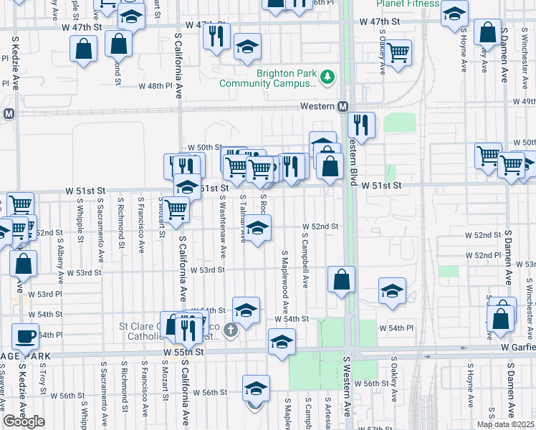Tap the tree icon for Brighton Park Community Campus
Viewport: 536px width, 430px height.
327,77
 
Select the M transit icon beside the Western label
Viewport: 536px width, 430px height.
343,106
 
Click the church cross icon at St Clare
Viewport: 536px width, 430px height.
230,330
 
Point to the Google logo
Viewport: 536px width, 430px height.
24,421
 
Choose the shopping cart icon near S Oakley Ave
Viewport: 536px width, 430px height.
398,52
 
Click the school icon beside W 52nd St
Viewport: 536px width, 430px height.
259,229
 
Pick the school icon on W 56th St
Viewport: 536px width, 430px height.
256,388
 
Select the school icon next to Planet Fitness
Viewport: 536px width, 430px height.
453,14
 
